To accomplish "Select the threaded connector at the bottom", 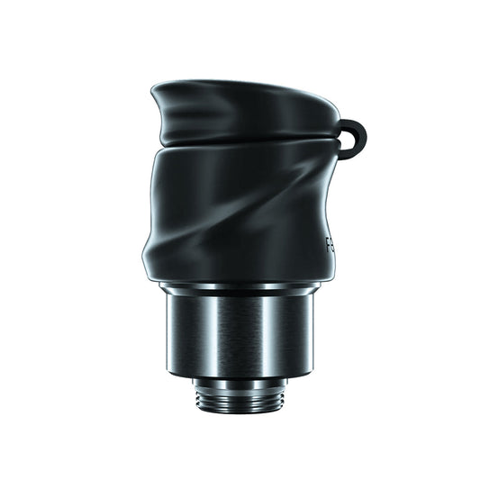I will (x=240, y=394).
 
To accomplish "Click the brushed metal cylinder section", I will (x=240, y=333).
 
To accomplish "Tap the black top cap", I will (x=243, y=113).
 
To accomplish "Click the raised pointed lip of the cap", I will (x=162, y=89).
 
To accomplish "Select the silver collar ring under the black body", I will (x=240, y=288).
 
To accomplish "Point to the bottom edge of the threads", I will (x=240, y=411).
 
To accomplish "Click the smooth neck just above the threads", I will (x=240, y=381).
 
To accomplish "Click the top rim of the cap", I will (x=243, y=88).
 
